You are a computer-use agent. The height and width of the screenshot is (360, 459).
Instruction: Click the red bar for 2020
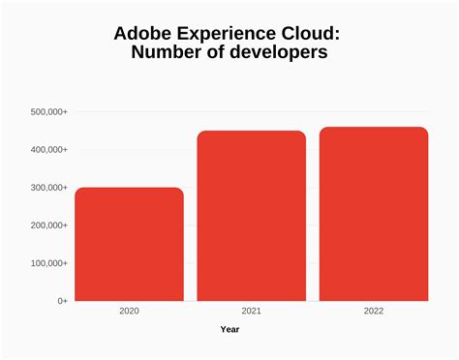(x=129, y=244)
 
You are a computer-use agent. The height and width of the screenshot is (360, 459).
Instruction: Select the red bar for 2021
(x=251, y=216)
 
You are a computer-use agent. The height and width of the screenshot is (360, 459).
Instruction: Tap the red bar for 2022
(x=374, y=214)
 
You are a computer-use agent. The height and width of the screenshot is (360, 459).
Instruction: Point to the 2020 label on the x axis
(x=129, y=311)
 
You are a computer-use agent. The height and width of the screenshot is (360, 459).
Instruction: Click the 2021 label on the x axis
(x=251, y=311)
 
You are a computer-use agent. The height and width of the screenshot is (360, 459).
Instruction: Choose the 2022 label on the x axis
(x=374, y=311)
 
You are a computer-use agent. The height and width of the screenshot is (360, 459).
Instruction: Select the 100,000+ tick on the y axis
(x=47, y=263)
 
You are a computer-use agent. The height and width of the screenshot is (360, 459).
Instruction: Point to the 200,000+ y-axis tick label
(x=47, y=225)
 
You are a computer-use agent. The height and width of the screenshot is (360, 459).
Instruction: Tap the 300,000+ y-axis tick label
(x=47, y=188)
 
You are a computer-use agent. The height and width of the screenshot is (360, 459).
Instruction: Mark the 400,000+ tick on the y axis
(x=47, y=150)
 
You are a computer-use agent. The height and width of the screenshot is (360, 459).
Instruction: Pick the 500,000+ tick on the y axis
(x=47, y=112)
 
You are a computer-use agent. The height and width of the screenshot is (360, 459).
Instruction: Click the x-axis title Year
(x=229, y=329)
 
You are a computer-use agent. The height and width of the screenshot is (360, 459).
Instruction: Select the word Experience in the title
(x=229, y=34)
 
